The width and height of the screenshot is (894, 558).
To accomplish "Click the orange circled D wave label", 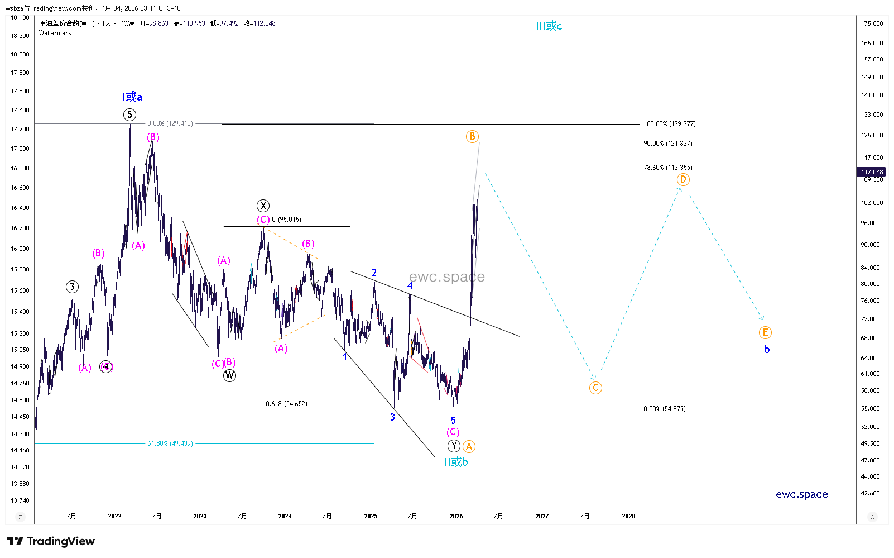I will [x=683, y=179].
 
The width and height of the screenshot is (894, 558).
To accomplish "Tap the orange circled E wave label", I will [x=765, y=332].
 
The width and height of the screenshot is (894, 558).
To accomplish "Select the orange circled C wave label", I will [x=595, y=388].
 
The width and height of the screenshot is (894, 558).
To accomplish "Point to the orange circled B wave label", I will [x=472, y=136].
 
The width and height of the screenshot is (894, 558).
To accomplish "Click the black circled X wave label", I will [x=263, y=206].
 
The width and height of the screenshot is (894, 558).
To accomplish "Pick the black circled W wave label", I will [x=229, y=375].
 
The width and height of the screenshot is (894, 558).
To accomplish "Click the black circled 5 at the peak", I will [x=129, y=115].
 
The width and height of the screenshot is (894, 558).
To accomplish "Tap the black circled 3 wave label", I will [x=72, y=287].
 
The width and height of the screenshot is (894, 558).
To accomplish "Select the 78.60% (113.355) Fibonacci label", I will [x=668, y=168].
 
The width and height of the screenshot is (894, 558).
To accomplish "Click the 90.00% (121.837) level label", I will [x=668, y=144].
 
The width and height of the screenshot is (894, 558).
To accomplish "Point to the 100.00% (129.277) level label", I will [x=670, y=124].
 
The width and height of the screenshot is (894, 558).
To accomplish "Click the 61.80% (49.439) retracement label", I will [x=170, y=443].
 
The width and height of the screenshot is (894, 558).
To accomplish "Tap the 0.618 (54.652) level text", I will [x=286, y=404].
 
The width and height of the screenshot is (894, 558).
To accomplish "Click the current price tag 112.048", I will [x=872, y=172].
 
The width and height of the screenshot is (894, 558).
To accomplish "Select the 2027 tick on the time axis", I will [x=542, y=516].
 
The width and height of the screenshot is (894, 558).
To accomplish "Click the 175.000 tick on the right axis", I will [x=872, y=23].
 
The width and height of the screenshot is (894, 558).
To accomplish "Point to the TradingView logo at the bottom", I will [x=51, y=541].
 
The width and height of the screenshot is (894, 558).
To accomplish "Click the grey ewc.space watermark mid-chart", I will [x=446, y=277].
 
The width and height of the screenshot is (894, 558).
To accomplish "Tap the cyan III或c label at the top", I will [x=549, y=26].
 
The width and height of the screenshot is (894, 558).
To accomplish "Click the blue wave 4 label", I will [x=410, y=286].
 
